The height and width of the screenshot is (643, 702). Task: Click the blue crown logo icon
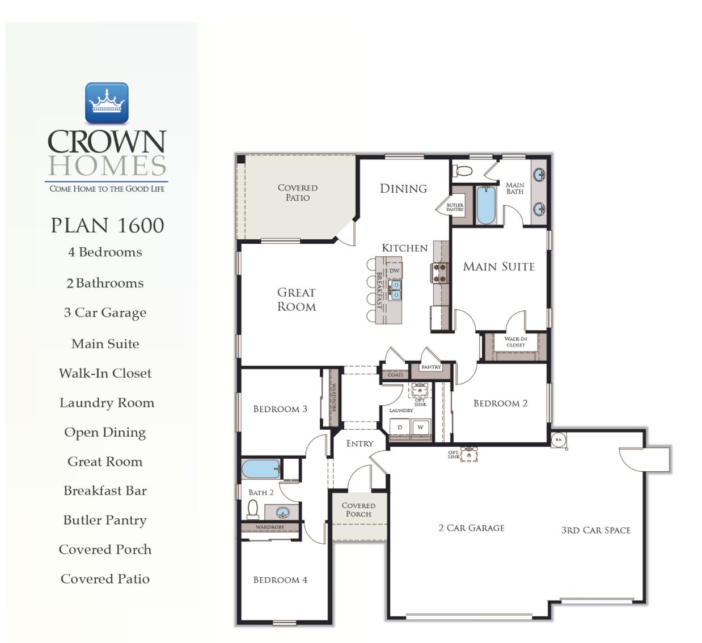point(107,103)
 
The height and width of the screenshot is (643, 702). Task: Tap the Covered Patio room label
point(297,192)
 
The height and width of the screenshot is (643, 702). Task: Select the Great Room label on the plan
point(296,299)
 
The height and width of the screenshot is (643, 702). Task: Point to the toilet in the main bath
point(464,171)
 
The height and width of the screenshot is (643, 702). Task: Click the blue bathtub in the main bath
point(486,205)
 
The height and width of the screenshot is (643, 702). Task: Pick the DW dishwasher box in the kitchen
point(394,271)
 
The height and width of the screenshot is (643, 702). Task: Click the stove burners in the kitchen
point(439,273)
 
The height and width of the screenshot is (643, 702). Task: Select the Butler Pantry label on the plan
point(455,207)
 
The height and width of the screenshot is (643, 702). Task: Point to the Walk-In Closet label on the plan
point(515,342)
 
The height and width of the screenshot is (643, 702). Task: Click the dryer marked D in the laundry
point(400,428)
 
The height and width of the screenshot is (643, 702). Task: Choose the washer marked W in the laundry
point(420,428)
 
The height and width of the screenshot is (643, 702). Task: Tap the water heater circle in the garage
point(558,439)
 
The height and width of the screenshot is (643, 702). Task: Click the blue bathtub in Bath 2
point(260,469)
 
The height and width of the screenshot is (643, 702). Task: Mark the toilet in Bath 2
point(253,509)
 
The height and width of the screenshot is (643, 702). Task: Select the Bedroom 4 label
point(280,579)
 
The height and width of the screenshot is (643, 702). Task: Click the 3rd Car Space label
point(595,530)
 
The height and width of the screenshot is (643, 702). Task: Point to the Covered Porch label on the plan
point(358,509)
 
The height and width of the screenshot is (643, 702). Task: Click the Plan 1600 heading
point(107,225)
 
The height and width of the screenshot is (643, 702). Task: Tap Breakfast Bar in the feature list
point(105,490)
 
